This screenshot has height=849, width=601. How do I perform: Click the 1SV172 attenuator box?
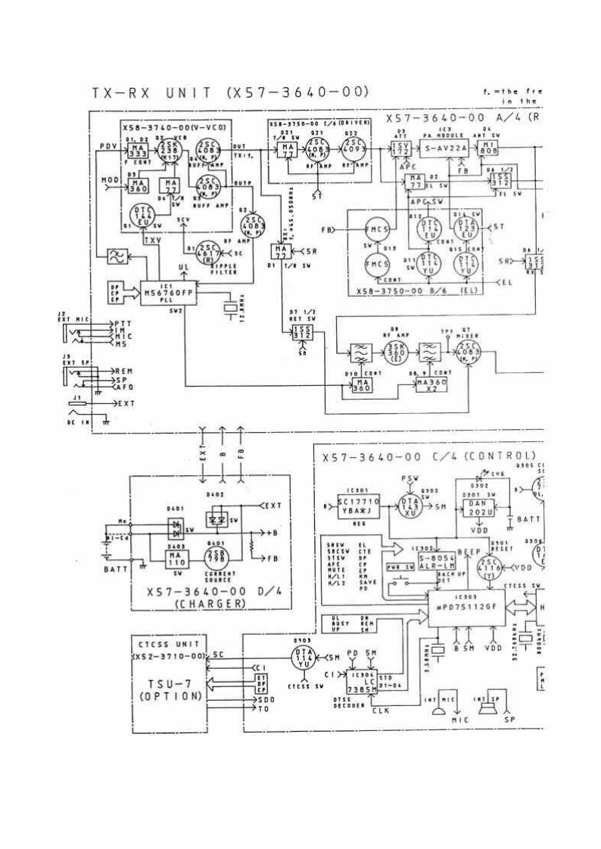400,150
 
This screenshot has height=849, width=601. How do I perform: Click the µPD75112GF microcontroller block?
470,606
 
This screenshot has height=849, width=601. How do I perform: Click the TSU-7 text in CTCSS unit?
166,684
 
